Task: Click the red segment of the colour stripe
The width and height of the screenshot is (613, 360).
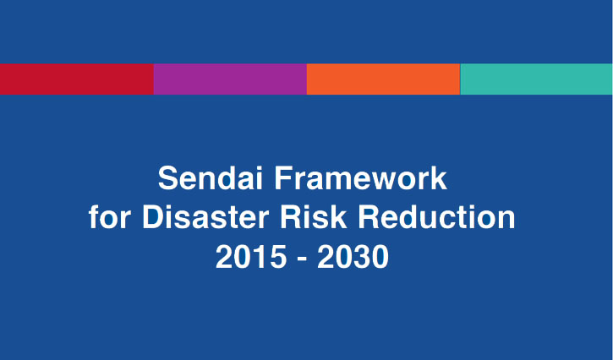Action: pos(76,79)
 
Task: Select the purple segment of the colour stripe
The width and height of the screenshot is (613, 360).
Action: pos(230,79)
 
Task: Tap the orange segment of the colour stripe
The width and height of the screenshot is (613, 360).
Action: pos(383,79)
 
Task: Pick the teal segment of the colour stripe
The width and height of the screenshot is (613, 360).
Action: pos(536,79)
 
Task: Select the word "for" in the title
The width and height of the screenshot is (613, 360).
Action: pos(110,218)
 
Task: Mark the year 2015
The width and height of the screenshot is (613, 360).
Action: pos(249,257)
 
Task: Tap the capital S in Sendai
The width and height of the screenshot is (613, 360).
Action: pos(167,179)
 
